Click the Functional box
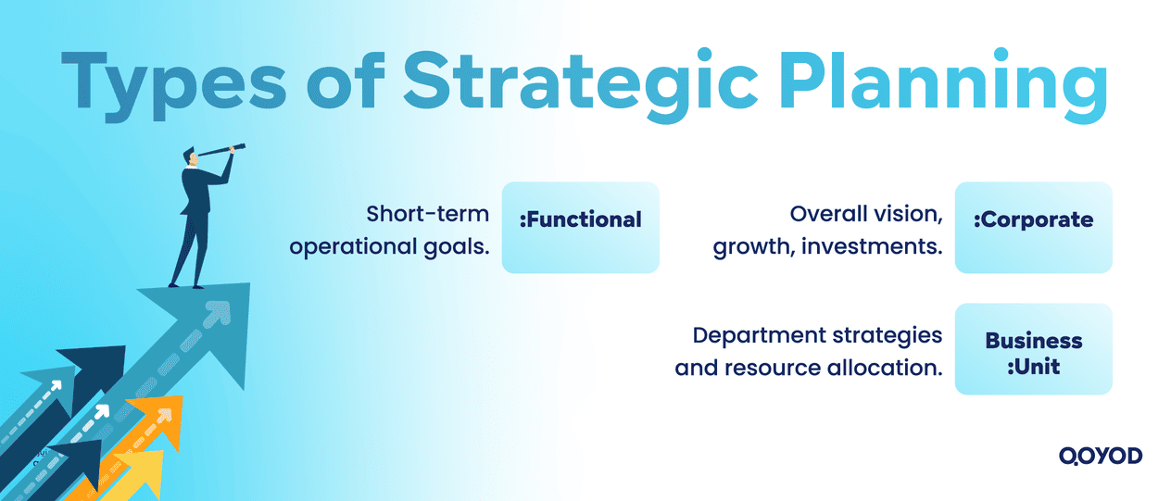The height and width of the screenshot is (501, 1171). [580, 228]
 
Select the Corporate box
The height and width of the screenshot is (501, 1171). [1033, 228]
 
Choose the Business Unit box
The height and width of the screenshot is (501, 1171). [1033, 349]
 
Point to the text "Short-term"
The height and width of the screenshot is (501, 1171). [427, 214]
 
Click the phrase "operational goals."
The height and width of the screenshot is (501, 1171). [389, 246]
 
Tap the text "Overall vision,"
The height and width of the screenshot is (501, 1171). [865, 214]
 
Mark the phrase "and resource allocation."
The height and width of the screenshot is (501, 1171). [808, 367]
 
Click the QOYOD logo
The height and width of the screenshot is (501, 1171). [1100, 456]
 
